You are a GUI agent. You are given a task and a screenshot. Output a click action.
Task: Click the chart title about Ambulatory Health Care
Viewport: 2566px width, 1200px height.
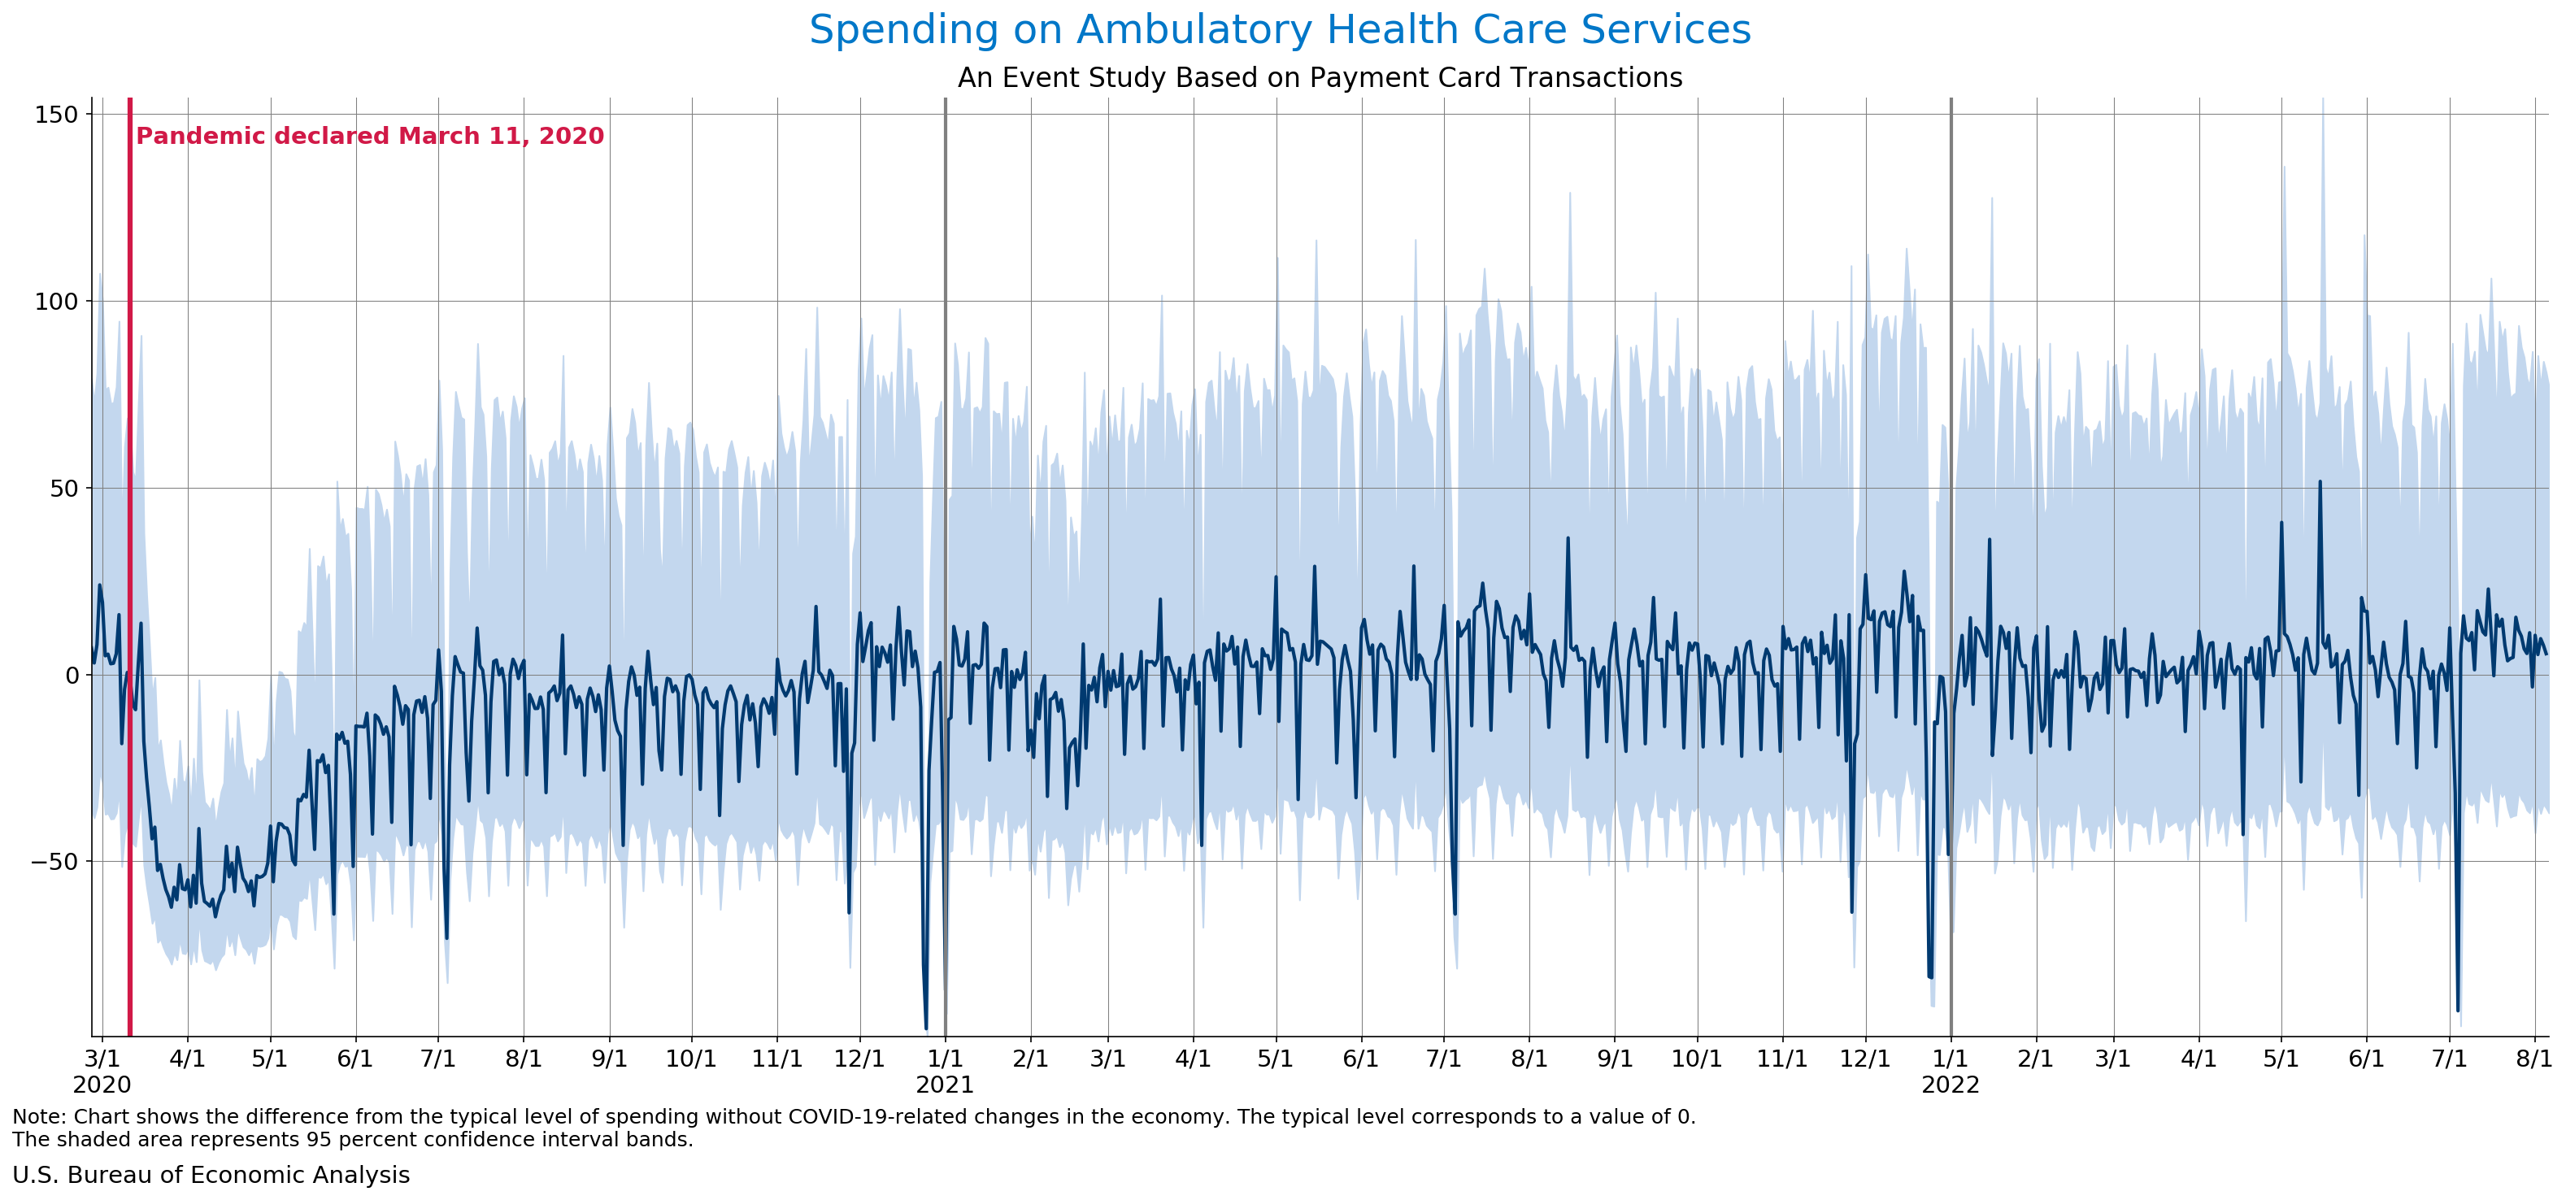(1279, 30)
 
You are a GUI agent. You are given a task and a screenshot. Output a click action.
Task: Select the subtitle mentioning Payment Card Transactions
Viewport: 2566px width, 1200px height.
(1319, 78)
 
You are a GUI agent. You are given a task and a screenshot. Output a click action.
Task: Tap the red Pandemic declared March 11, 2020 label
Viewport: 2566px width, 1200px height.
(370, 137)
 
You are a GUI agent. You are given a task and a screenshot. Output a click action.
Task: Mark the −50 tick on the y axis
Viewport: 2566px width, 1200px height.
(54, 862)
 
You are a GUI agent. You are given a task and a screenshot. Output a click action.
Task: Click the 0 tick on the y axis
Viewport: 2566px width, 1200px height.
(72, 675)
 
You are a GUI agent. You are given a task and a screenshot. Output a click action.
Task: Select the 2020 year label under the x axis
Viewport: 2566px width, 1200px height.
(102, 1085)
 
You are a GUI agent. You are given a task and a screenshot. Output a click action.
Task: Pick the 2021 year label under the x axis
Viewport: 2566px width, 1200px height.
(944, 1085)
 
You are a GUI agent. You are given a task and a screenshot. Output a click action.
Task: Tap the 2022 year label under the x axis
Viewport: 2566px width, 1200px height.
(1950, 1085)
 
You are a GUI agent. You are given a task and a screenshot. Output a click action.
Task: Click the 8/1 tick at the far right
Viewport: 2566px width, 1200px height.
(2533, 1058)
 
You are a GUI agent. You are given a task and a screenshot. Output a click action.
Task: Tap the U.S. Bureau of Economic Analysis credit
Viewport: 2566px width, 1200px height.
(211, 1175)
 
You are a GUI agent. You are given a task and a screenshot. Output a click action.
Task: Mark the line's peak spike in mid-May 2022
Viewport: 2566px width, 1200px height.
(2320, 482)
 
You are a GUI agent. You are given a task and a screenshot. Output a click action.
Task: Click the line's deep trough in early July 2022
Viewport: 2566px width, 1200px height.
(2457, 1010)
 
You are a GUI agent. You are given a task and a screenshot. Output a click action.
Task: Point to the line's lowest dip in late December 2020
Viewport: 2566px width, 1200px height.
(925, 1028)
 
